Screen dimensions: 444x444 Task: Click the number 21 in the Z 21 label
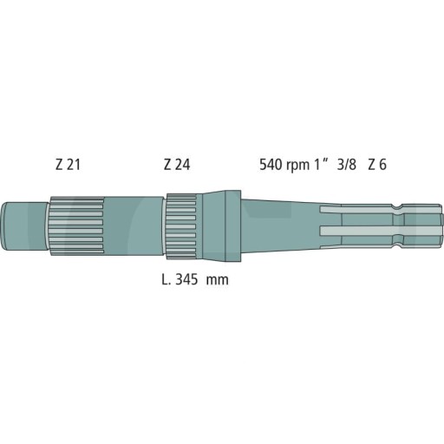coord(73,165)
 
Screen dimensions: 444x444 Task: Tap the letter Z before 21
coord(59,165)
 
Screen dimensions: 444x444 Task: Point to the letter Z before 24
coord(167,165)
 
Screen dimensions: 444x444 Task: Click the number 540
coord(271,165)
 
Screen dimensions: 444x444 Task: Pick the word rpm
coord(299,166)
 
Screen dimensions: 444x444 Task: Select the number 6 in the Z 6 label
coord(384,165)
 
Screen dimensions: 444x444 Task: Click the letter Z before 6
coord(372,165)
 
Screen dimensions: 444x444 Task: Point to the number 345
coord(189,281)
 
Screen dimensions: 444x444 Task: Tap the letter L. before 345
coord(166,281)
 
